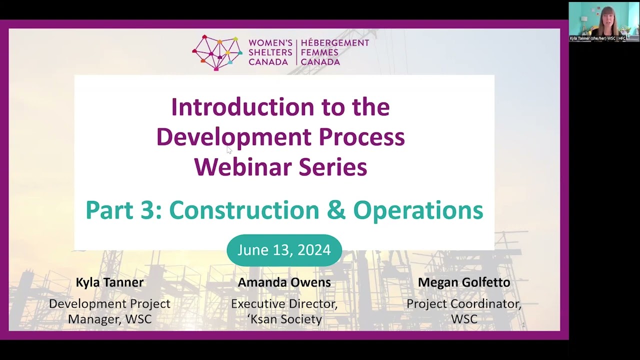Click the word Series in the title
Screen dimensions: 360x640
pos(333,167)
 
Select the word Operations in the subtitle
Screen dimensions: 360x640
pos(418,210)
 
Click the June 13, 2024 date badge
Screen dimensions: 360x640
pos(284,250)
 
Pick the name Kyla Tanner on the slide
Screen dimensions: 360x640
pos(109,282)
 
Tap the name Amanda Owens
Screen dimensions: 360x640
pos(284,282)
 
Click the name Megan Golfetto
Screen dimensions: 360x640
pos(464,282)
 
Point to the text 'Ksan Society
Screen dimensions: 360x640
pos(284,319)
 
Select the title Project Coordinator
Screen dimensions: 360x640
pos(464,304)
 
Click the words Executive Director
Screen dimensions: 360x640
pos(284,304)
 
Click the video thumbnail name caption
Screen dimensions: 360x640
pos(598,38)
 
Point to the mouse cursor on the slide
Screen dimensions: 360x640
pos(228,149)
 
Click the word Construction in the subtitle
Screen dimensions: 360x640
pos(244,210)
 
